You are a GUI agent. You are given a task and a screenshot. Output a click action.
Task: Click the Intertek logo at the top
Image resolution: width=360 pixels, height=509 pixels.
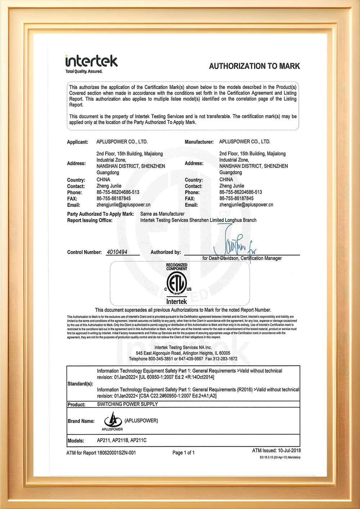[91, 61]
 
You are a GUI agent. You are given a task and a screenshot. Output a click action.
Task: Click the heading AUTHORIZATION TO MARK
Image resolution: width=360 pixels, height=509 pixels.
[254, 66]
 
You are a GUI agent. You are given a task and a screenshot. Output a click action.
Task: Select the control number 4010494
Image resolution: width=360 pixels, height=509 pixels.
[117, 252]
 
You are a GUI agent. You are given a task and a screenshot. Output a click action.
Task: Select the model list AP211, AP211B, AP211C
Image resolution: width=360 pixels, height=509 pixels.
[122, 440]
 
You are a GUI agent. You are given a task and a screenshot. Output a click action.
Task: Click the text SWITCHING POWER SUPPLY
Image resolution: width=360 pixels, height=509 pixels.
[127, 404]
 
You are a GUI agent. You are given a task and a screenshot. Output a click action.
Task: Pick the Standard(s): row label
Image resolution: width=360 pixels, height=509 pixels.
[80, 384]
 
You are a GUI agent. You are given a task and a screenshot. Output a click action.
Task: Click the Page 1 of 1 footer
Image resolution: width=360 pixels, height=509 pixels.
[183, 452]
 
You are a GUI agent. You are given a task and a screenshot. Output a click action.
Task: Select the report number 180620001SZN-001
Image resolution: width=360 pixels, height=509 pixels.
[116, 453]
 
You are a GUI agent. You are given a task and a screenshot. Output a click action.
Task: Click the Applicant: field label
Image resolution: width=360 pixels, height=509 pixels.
[77, 142]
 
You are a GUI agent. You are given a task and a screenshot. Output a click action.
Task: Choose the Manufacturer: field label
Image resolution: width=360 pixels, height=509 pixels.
[199, 142]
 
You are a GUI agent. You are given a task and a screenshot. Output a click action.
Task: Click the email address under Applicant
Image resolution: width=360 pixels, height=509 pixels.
[123, 205]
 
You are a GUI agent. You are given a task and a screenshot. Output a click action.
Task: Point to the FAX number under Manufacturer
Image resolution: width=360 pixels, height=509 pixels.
[236, 198]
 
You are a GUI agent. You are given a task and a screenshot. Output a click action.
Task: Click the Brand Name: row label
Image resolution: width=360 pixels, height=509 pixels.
[81, 421]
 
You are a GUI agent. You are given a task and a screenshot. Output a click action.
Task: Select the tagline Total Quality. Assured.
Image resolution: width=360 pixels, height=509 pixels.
[84, 72]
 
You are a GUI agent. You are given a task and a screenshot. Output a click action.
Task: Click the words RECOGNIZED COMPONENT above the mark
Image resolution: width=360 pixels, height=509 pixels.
[176, 267]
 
